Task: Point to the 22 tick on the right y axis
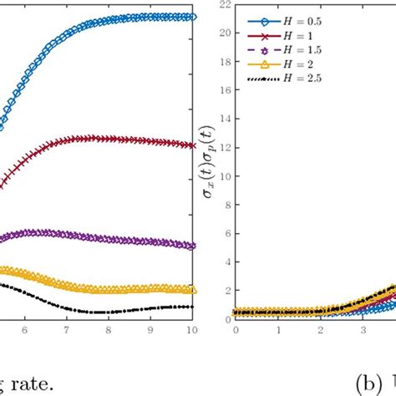pyautogui.click(x=223, y=5)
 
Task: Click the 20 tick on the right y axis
pyautogui.click(x=223, y=33)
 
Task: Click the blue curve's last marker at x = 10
pyautogui.click(x=192, y=16)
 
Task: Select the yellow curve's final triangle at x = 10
pyautogui.click(x=192, y=290)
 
